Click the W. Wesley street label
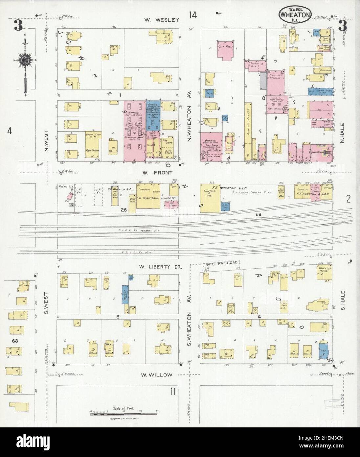coord(162,20)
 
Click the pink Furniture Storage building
coord(275,82)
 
